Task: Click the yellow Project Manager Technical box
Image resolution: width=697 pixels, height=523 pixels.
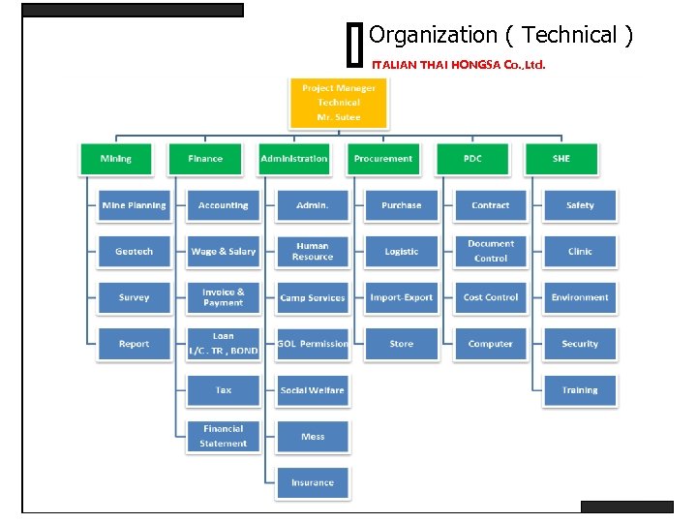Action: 338,103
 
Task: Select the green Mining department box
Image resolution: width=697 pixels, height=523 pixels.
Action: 115,159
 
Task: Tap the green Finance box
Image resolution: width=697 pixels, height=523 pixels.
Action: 205,159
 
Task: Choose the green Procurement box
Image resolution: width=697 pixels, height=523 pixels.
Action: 382,159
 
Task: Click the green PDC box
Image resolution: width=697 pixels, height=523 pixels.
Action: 472,159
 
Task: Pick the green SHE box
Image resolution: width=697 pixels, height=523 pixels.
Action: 561,159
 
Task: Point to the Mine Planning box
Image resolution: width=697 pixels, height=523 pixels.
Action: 134,205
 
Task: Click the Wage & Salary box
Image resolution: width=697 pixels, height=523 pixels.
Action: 224,252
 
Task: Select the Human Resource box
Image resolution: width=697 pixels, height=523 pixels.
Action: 313,252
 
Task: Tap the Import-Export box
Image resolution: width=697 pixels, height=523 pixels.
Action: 402,297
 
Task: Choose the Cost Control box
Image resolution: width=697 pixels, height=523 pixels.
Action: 491,297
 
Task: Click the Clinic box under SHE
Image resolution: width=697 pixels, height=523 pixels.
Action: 580,252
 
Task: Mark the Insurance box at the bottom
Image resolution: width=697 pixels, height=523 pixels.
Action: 313,482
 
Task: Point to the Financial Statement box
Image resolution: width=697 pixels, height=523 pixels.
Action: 224,436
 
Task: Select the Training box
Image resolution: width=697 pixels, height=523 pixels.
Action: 580,390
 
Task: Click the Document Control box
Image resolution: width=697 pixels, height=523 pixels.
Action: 491,252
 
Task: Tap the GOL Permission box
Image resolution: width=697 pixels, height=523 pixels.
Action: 313,344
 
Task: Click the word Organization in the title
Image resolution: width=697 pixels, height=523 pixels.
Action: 433,36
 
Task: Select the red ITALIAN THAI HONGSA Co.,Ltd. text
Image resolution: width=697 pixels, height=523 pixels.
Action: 459,66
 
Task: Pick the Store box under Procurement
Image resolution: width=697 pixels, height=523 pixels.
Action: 402,344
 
